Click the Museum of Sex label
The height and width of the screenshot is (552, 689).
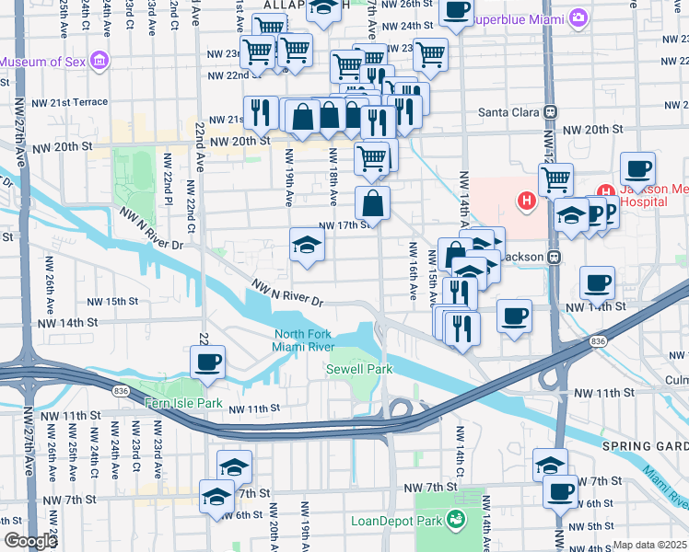pyautogui.click(x=45, y=62)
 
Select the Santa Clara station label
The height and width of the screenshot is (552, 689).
pyautogui.click(x=509, y=112)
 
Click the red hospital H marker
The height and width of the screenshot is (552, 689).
pyautogui.click(x=527, y=200)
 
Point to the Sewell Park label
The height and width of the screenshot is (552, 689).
pyautogui.click(x=359, y=369)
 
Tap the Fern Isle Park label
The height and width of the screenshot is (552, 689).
pyautogui.click(x=184, y=403)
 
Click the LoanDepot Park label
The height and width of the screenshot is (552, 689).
pyautogui.click(x=396, y=521)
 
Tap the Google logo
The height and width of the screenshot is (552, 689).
pyautogui.click(x=30, y=541)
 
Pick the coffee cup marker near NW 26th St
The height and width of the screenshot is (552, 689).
pyautogui.click(x=455, y=11)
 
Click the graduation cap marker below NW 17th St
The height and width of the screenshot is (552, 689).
pyautogui.click(x=308, y=245)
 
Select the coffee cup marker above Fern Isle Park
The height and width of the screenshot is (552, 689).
pyautogui.click(x=208, y=362)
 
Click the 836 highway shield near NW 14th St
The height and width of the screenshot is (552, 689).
pyautogui.click(x=600, y=341)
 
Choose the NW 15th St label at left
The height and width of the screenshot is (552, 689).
pyautogui.click(x=112, y=301)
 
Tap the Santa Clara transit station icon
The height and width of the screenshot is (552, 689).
pyautogui.click(x=550, y=112)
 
